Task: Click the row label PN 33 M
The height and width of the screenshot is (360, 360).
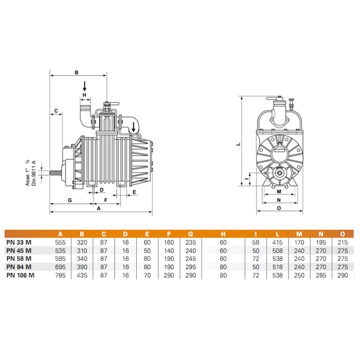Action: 19,242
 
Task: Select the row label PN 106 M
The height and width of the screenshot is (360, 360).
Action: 21,275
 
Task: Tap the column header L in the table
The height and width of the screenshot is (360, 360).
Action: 277,234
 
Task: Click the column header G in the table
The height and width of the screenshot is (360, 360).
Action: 191,234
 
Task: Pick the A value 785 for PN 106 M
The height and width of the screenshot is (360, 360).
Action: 60,275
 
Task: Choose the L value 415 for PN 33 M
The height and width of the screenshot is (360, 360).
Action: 277,242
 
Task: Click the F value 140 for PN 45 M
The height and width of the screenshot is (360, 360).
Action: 169,251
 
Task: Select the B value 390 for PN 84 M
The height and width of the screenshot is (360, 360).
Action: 82,267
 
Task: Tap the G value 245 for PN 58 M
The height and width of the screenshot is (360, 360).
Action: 191,259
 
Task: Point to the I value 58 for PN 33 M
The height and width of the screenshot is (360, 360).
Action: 256,242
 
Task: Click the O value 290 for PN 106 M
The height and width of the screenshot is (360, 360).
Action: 343,275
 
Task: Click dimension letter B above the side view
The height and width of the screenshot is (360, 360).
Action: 77,73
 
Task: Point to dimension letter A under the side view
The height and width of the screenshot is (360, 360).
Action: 99,208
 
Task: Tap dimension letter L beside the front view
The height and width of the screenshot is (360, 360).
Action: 238,144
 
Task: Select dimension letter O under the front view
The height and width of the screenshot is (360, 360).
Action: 279,208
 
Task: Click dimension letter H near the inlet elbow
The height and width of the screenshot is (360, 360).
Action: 84,95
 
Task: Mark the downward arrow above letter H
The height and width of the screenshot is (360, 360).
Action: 84,86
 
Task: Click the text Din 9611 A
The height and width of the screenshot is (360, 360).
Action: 34,173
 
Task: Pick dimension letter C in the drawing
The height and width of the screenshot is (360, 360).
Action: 56,111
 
